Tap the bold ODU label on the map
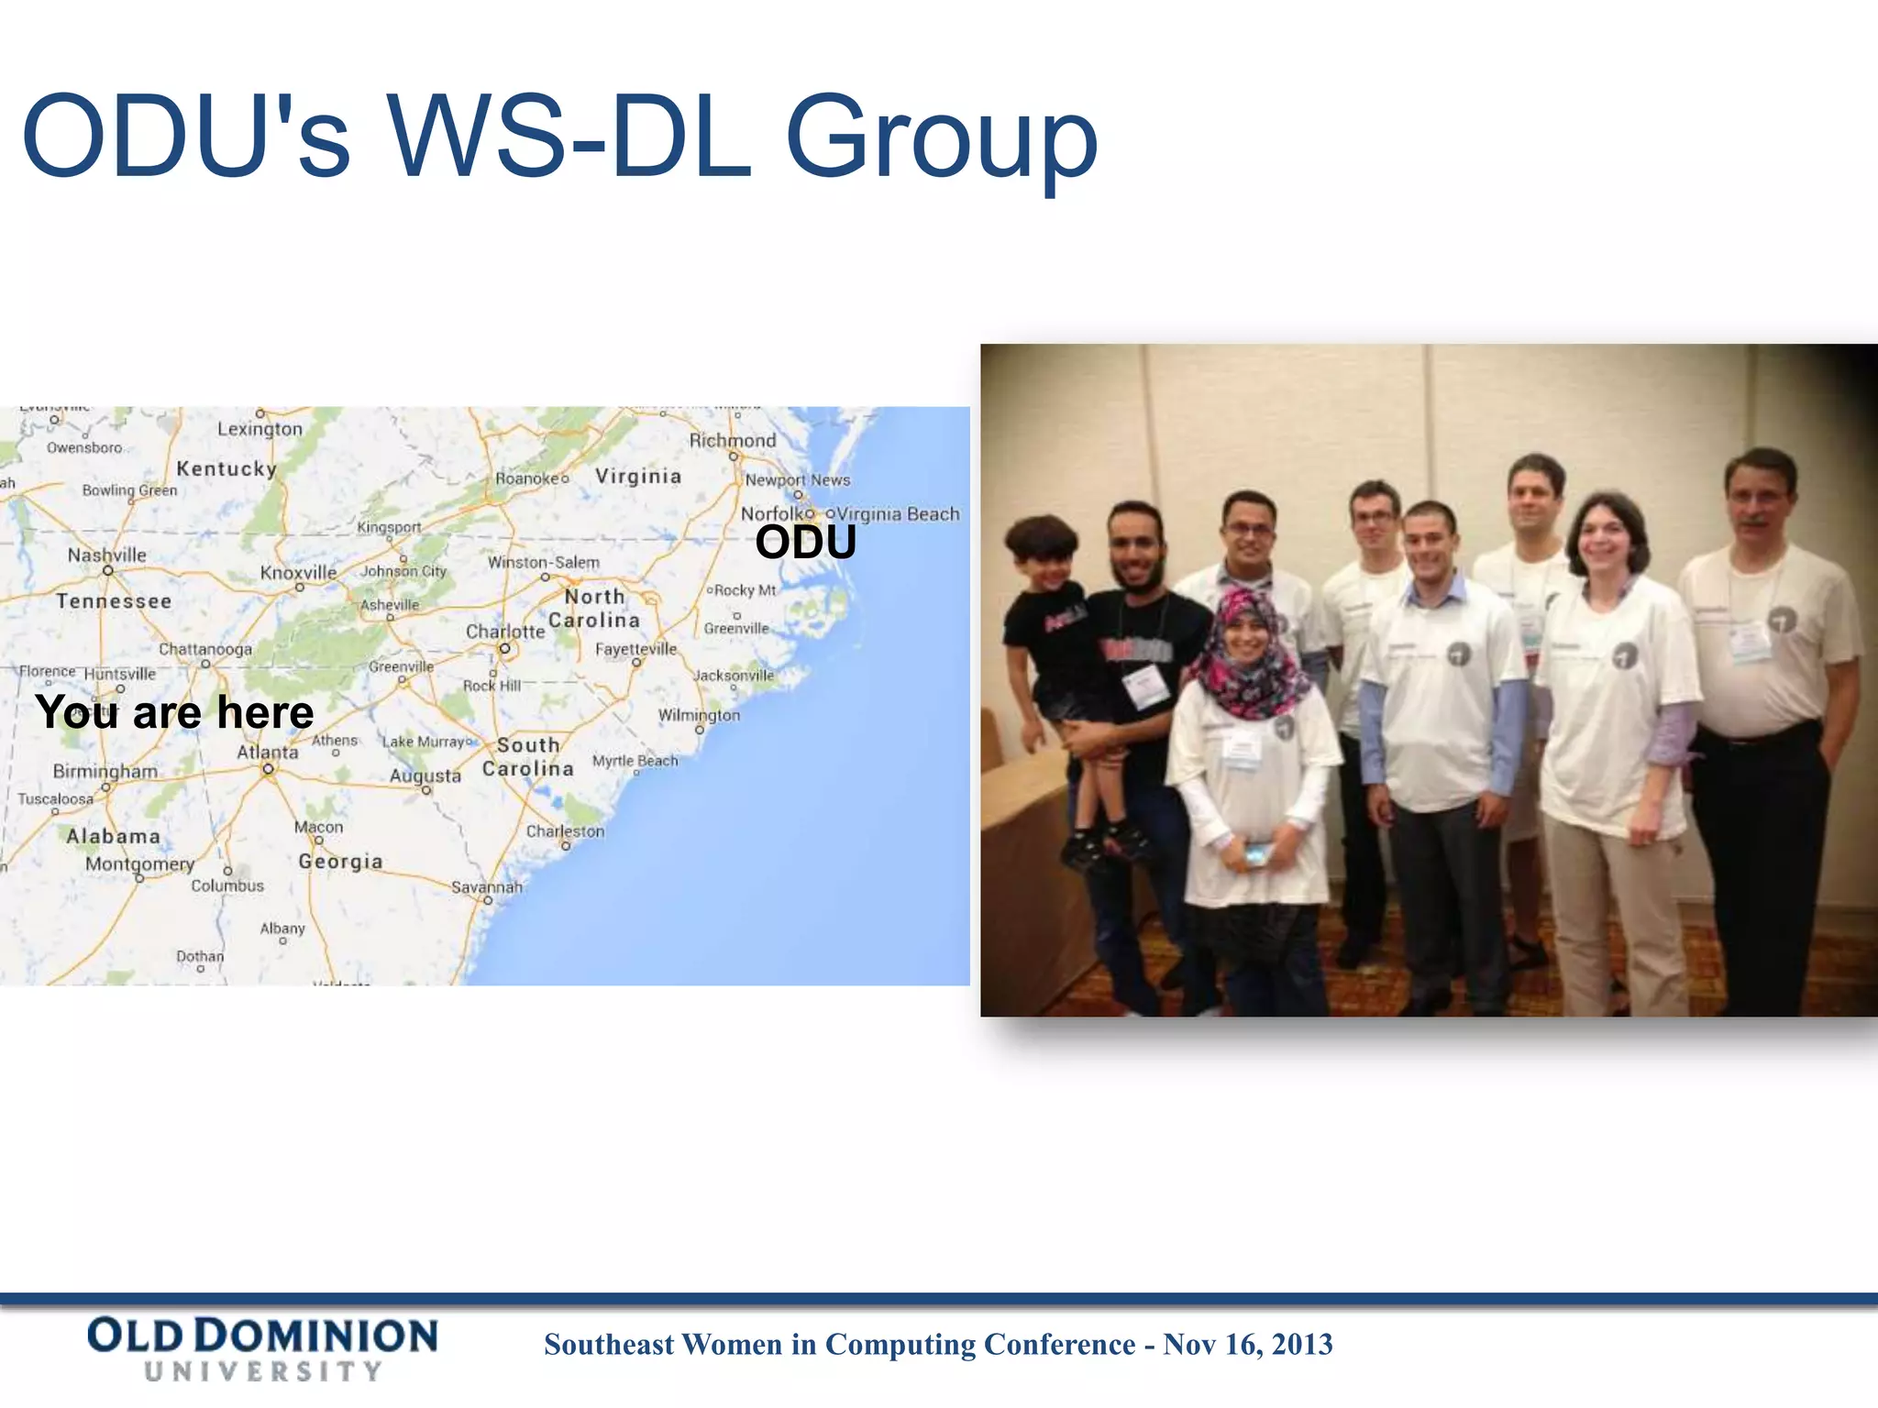tap(805, 543)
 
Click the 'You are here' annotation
tap(174, 712)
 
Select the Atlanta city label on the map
tap(267, 753)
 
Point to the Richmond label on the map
tap(732, 441)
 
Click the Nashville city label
tap(106, 555)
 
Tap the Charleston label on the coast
tap(565, 831)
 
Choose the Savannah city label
tap(486, 887)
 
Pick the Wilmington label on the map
tap(699, 715)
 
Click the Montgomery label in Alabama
tap(139, 864)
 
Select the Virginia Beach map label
tap(898, 514)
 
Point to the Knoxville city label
tap(298, 573)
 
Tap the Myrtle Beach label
tap(635, 761)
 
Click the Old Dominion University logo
tap(262, 1347)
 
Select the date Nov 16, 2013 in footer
tap(1247, 1345)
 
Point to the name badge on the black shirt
tap(1145, 686)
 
